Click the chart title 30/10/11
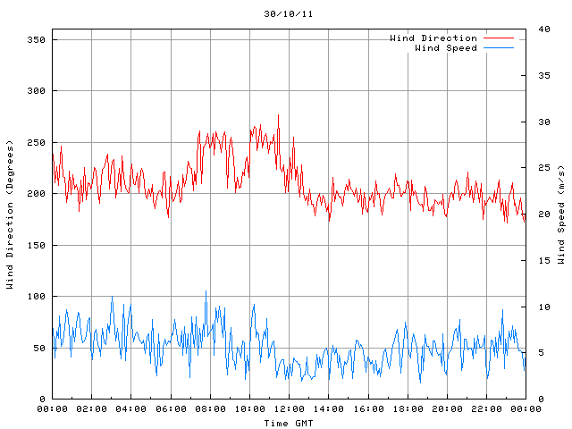[x=288, y=14]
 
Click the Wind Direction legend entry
[x=433, y=38]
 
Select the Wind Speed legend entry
[x=445, y=48]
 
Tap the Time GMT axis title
[x=288, y=423]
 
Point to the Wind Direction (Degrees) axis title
[x=10, y=214]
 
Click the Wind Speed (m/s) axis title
[x=561, y=214]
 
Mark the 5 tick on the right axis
[x=540, y=352]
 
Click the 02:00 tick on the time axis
[x=92, y=409]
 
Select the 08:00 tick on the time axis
[x=210, y=409]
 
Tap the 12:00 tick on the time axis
[x=289, y=409]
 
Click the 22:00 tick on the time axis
[x=486, y=409]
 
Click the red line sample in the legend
[x=499, y=38]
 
